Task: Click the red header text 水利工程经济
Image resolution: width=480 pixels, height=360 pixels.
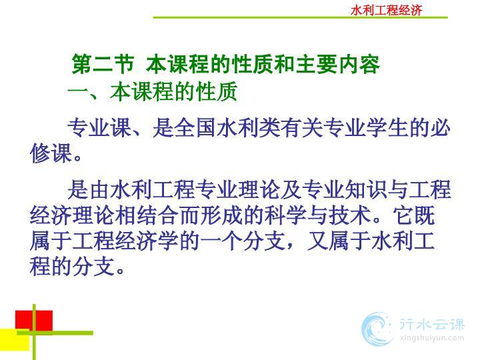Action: click(x=386, y=10)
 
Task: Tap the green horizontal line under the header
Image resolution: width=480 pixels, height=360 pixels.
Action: click(x=300, y=17)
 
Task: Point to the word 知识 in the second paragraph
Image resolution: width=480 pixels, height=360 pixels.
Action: click(x=365, y=189)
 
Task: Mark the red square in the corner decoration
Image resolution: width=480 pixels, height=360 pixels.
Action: click(x=34, y=321)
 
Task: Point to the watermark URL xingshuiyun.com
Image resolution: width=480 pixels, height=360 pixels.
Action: click(x=431, y=338)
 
